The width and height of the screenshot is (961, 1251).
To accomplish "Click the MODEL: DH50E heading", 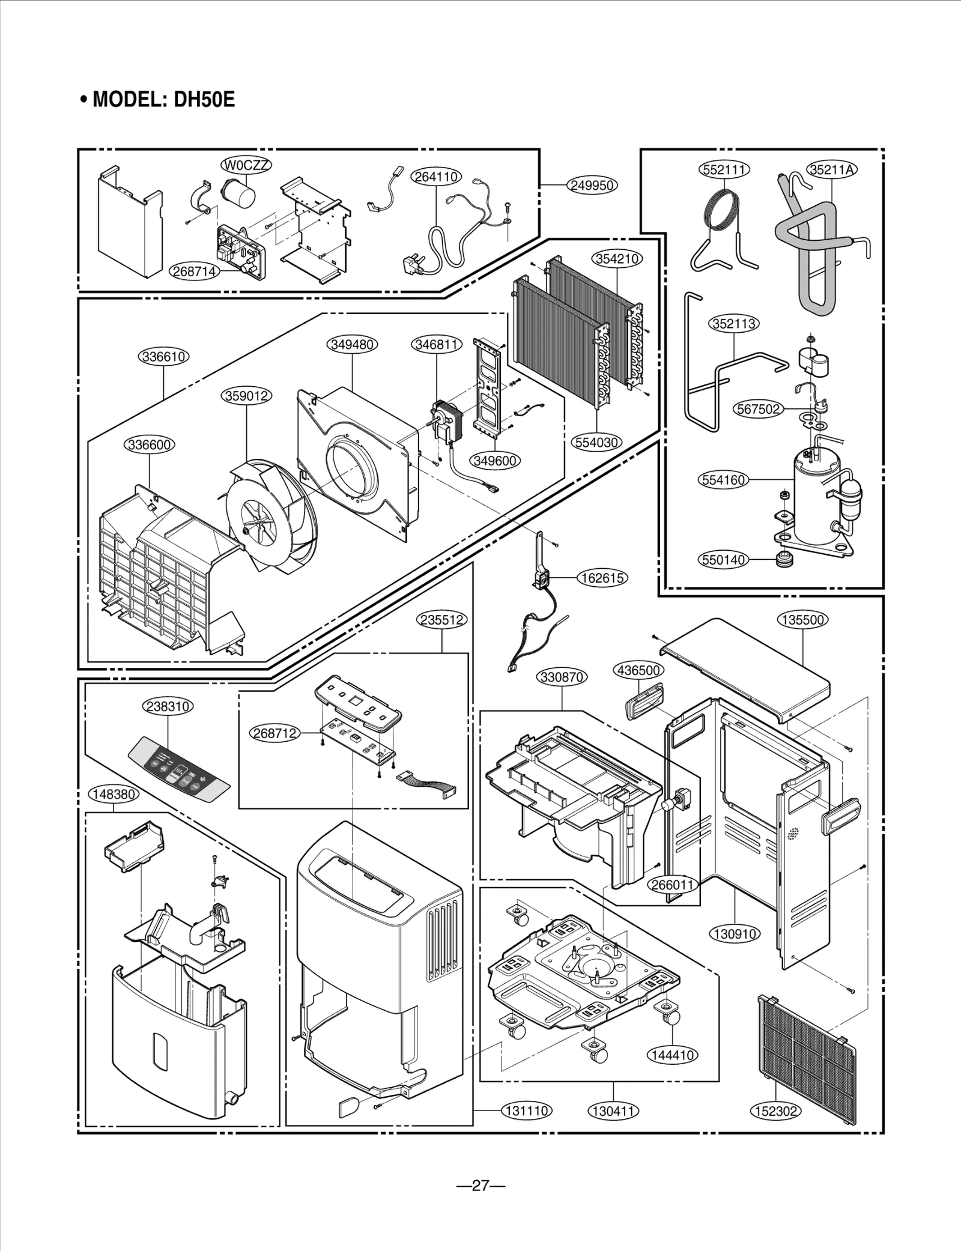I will coord(157,99).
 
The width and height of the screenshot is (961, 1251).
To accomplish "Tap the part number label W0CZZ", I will coord(246,165).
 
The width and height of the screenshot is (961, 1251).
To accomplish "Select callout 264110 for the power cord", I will coord(436,177).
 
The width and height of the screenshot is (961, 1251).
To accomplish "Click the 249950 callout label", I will coord(592,185).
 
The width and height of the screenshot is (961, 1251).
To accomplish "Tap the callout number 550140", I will coord(724,560).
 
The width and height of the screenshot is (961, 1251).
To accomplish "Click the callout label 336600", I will coord(150,445).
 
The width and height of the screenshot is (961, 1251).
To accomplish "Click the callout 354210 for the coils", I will coord(617,258).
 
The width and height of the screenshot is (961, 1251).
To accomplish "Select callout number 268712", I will coord(274,733).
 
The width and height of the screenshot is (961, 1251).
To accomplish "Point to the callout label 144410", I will coord(673,1055).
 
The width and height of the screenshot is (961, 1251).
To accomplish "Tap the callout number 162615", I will coord(602,578).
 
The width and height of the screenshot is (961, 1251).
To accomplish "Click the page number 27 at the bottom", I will coord(480,1186).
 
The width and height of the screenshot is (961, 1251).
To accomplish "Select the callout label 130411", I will coord(613,1111).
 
